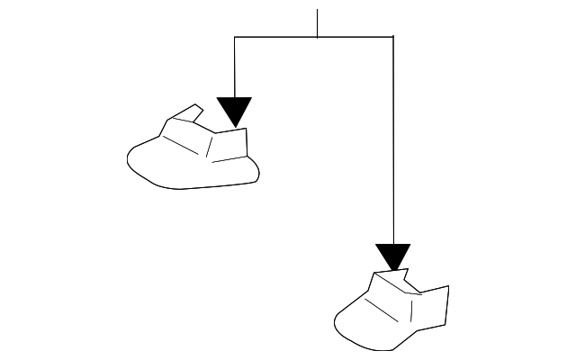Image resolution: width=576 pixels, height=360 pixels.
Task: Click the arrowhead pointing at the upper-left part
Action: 235,110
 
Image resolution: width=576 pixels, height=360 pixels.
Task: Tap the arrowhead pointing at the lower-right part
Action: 393,256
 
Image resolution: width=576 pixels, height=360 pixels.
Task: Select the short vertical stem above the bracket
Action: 317,23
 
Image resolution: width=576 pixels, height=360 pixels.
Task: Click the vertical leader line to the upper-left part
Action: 235,67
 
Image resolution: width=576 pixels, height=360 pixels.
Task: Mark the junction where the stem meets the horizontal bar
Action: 317,37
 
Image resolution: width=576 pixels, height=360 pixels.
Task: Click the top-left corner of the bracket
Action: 235,37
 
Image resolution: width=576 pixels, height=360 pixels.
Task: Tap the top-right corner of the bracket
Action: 393,37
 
